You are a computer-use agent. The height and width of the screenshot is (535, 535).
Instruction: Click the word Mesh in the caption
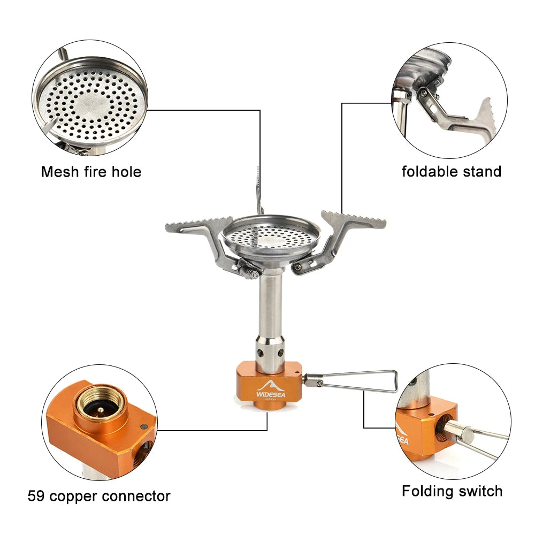tap(60, 172)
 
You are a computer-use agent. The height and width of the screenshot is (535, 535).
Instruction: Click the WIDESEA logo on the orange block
tap(271, 390)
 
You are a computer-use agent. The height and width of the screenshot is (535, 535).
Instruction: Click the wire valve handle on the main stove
tap(351, 381)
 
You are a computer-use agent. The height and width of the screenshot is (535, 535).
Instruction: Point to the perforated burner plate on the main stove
tap(271, 236)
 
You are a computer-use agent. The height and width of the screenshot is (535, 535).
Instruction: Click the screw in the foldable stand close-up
tap(423, 92)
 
